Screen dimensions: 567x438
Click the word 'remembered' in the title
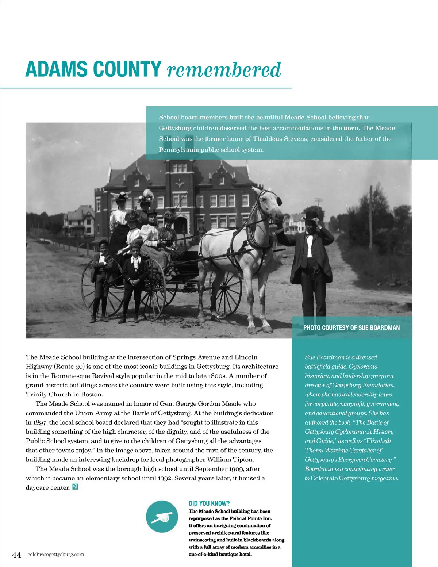coord(224,70)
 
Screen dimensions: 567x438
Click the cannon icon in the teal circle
coord(162,517)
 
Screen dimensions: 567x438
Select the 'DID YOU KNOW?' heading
coord(209,503)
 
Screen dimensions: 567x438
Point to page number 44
coord(17,555)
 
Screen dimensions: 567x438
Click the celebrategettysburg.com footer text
coord(55,555)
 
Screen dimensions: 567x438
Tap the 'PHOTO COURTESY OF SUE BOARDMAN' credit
coord(351,328)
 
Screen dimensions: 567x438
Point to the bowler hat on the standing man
coord(311,215)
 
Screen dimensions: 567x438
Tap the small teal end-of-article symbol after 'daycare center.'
coord(76,487)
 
